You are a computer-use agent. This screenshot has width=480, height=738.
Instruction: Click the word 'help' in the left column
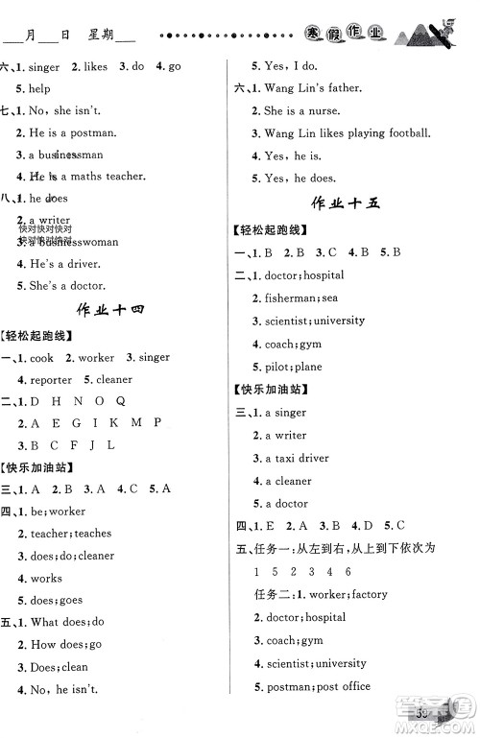[x=39, y=89]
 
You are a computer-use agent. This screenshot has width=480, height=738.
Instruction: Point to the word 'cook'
[x=41, y=358]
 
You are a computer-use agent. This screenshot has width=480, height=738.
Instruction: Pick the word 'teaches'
[x=93, y=534]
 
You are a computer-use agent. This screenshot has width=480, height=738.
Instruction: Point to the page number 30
[x=423, y=713]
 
